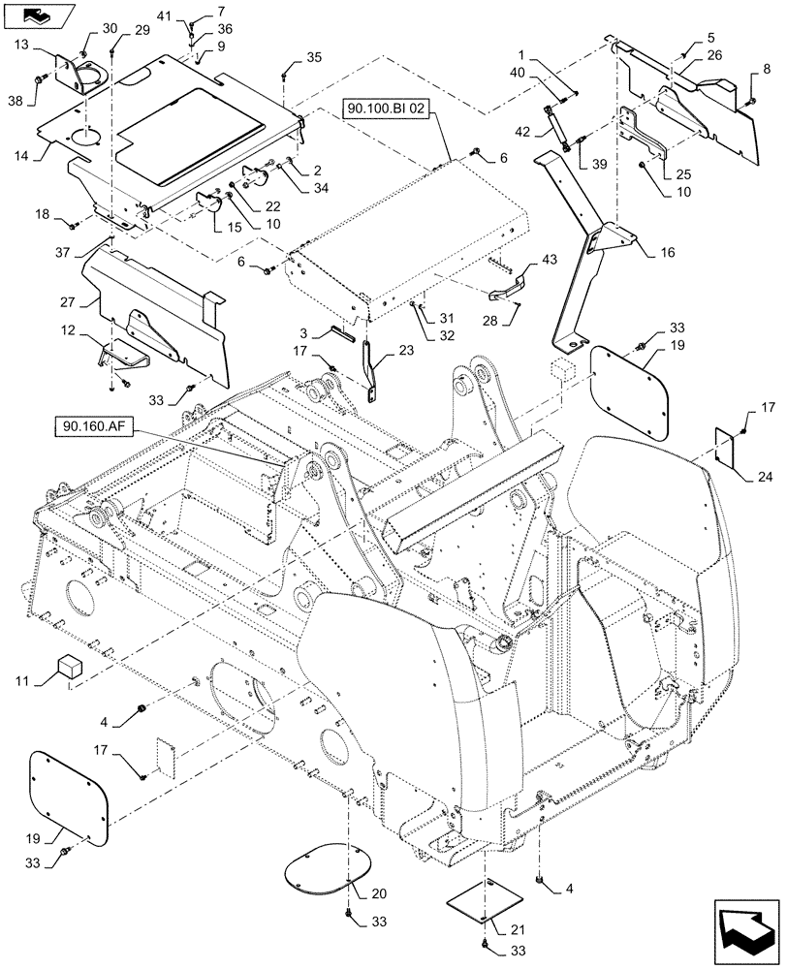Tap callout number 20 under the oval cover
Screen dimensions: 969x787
point(354,893)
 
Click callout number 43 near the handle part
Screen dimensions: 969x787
point(550,262)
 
